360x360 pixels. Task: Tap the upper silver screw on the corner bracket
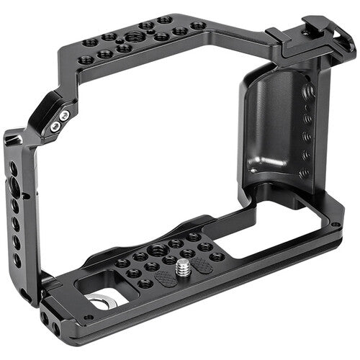click(65, 115)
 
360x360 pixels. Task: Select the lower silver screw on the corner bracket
click(55, 126)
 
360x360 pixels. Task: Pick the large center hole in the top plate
click(134, 37)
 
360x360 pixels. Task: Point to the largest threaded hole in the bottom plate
click(158, 250)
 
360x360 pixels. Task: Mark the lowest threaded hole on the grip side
click(305, 173)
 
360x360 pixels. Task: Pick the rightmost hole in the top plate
click(197, 26)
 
